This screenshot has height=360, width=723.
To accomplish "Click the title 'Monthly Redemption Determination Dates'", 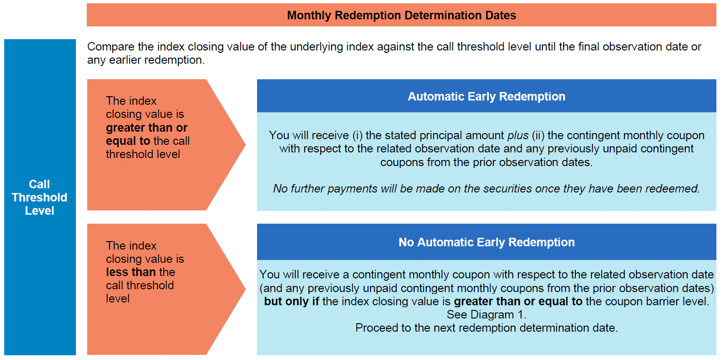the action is click(x=401, y=15).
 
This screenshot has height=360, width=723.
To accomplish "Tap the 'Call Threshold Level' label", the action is click(x=39, y=197).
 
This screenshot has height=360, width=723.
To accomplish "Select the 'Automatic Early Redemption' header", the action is click(x=486, y=96).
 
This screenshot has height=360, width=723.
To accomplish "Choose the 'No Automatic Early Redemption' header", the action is click(x=486, y=242).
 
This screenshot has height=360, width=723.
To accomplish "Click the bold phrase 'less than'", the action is click(x=131, y=272).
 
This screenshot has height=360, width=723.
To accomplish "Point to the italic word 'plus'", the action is click(x=518, y=135).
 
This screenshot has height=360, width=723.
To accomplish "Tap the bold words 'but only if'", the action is click(x=291, y=301).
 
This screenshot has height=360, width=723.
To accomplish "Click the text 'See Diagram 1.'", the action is click(x=486, y=315).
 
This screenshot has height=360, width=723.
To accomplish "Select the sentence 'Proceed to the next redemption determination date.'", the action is click(x=486, y=328).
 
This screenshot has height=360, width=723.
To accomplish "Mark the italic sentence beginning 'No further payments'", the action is click(x=486, y=189).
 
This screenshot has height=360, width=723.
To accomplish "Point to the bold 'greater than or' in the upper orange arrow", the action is click(x=147, y=128).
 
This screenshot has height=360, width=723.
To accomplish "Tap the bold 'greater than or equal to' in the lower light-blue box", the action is click(x=518, y=301).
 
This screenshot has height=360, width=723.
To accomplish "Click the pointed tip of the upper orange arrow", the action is click(x=245, y=145).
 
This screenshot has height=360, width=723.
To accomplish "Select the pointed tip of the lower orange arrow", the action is click(x=245, y=289).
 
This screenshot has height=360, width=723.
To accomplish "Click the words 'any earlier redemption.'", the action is click(x=146, y=60).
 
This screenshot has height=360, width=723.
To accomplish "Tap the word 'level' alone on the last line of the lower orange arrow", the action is click(x=117, y=299).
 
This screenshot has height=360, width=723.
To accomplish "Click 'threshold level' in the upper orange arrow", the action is click(x=143, y=154).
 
